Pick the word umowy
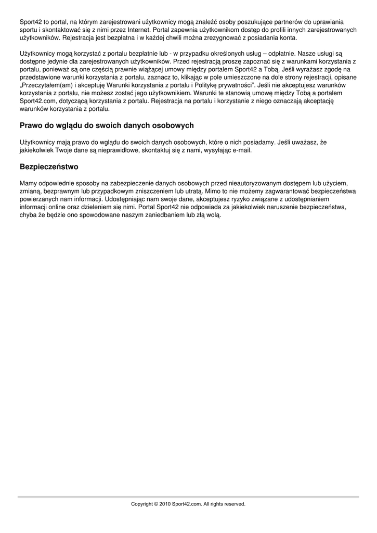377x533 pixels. [x=177, y=69]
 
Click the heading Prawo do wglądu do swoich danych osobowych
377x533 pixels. [x=107, y=125]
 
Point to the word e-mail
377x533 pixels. [x=241, y=150]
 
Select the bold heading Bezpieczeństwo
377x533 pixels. [x=49, y=167]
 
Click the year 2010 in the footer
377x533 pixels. [x=166, y=504]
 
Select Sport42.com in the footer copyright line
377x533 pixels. [x=187, y=504]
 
